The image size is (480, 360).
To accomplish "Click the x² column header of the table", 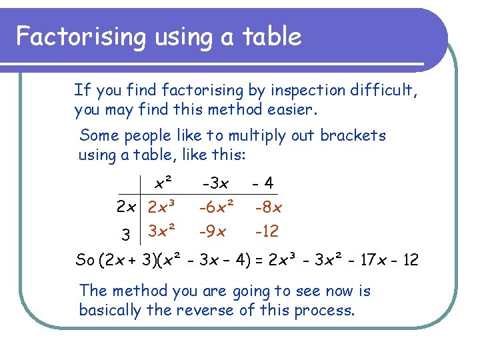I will click(163, 182).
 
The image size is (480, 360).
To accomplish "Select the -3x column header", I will click(215, 183).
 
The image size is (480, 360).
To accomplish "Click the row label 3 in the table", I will click(126, 235).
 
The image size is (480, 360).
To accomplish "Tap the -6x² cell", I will click(217, 207).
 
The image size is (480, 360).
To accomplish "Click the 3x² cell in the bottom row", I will click(162, 231).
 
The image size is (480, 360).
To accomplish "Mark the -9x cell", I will click(213, 232).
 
